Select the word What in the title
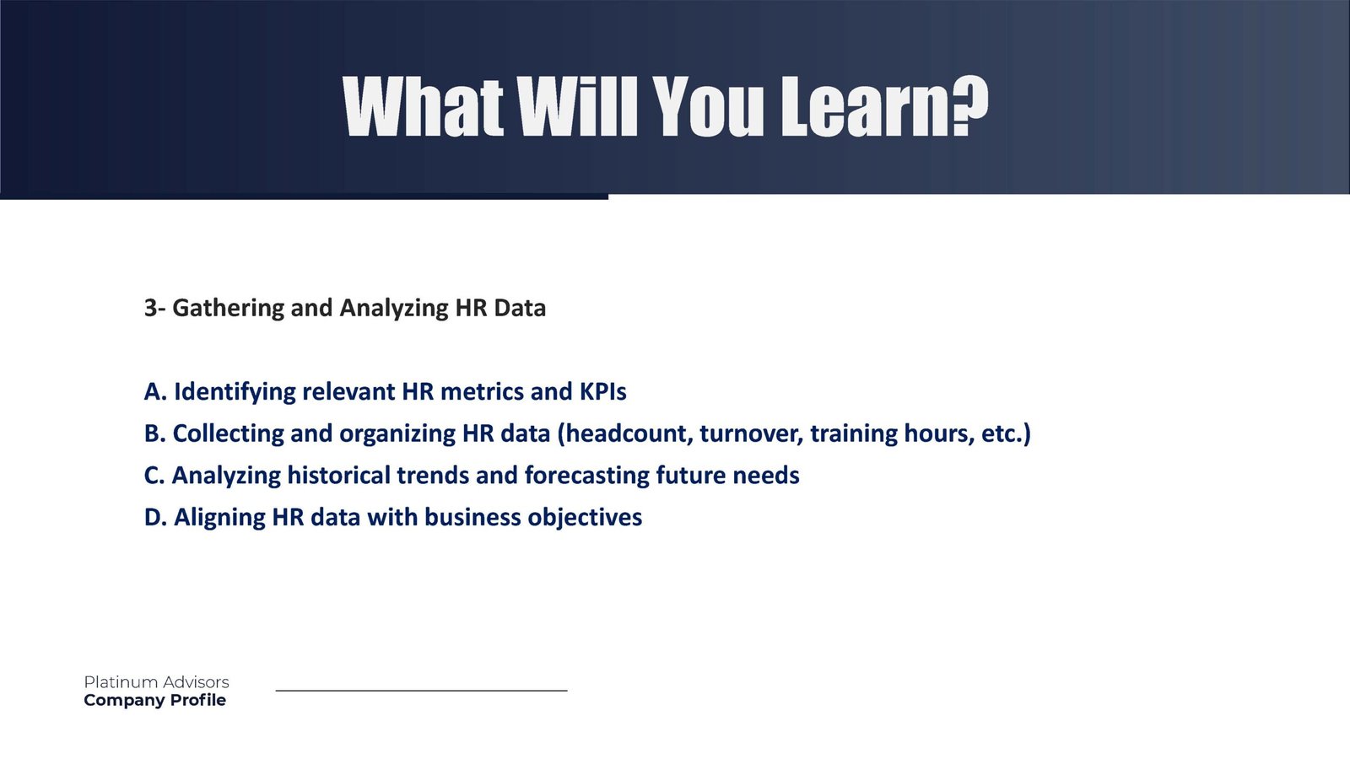423,106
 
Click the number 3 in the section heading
150,308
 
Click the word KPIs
602,391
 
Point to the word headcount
625,434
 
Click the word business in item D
472,518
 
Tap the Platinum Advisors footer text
156,682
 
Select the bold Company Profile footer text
155,700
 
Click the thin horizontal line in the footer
421,691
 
